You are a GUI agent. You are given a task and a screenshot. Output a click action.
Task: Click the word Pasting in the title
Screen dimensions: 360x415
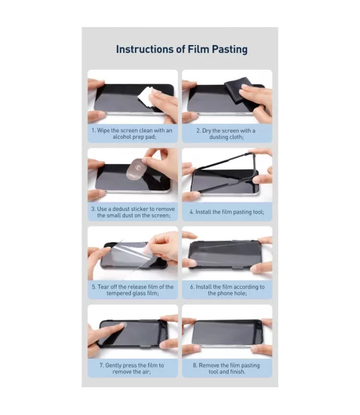(230, 49)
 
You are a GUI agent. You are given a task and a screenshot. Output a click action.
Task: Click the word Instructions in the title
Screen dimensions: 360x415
(147, 49)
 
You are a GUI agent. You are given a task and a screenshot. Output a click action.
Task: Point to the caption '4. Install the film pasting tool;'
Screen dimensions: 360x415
(227, 212)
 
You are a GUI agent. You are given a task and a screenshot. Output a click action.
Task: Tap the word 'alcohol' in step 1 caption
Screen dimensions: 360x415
(122, 137)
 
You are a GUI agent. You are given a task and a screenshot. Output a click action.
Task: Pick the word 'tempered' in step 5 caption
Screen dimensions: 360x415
(118, 293)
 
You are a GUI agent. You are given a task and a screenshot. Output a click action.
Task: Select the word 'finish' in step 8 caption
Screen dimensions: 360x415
(238, 372)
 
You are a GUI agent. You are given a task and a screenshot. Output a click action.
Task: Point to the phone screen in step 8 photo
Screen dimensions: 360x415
(226, 333)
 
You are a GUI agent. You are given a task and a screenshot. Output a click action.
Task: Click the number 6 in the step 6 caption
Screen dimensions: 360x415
(191, 287)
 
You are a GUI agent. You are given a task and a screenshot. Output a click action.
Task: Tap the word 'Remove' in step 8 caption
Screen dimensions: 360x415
(208, 366)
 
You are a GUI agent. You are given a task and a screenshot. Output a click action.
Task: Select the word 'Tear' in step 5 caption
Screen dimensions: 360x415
(103, 287)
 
